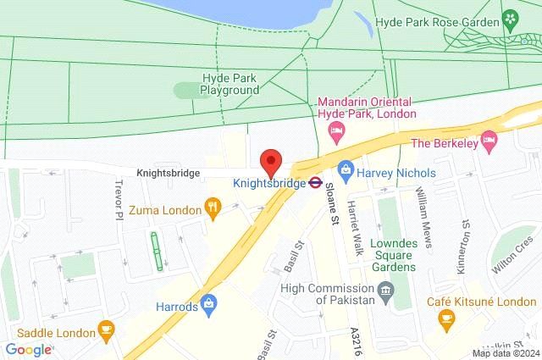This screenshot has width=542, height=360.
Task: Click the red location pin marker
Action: tap(270, 159)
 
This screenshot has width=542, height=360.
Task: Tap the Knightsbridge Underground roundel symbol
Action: tap(313, 180)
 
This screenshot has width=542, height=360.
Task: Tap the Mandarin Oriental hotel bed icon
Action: tap(335, 130)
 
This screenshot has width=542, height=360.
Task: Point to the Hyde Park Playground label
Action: tap(229, 84)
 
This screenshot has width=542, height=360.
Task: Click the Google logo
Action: tap(28, 349)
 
